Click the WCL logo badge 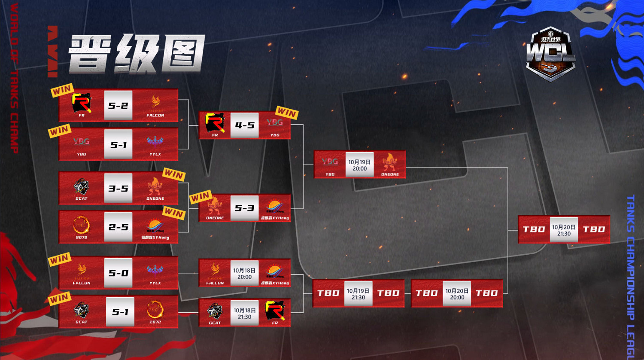[x=550, y=54]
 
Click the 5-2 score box [x=118, y=106]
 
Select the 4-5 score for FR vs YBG [x=245, y=125]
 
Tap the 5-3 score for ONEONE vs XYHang [x=245, y=208]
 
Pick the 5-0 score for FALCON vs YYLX [x=118, y=273]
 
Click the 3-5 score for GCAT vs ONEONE [x=118, y=188]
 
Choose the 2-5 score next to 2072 [x=118, y=227]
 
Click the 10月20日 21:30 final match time [x=564, y=230]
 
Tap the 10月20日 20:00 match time [x=457, y=294]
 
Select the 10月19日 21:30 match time [x=358, y=294]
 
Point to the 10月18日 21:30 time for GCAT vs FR [x=244, y=313]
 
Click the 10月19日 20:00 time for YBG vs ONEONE [x=359, y=165]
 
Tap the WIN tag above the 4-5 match [x=287, y=113]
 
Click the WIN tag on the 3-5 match [x=174, y=174]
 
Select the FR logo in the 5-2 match [x=82, y=104]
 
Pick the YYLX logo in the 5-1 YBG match [x=155, y=142]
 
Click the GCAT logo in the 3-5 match [x=81, y=187]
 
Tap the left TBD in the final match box [x=534, y=229]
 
